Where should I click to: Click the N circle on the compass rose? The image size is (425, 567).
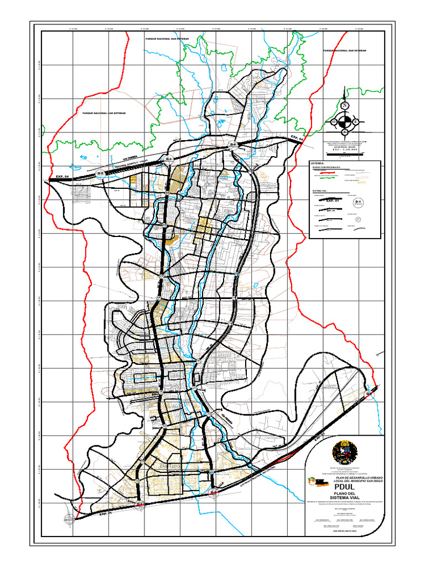(x=345, y=105)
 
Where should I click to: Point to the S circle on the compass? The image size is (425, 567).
(x=345, y=132)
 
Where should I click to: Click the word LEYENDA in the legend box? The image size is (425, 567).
(x=318, y=164)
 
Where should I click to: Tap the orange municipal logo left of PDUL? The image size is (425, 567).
(x=317, y=483)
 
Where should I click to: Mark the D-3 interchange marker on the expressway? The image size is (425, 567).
(x=169, y=159)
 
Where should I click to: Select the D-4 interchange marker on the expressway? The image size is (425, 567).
(x=233, y=145)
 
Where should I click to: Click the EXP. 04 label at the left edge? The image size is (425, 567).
(x=62, y=177)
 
